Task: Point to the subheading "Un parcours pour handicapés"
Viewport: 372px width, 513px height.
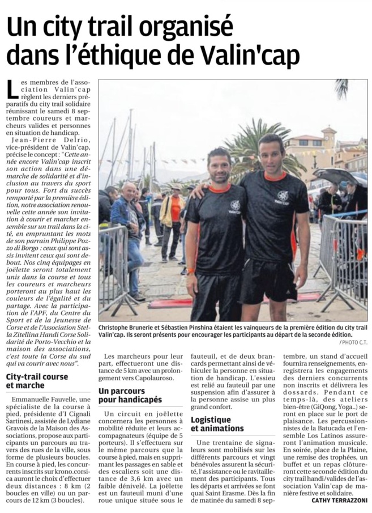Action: click(x=130, y=395)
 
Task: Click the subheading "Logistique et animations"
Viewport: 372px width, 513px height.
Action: click(x=217, y=423)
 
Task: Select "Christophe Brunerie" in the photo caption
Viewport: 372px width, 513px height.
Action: click(x=130, y=328)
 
